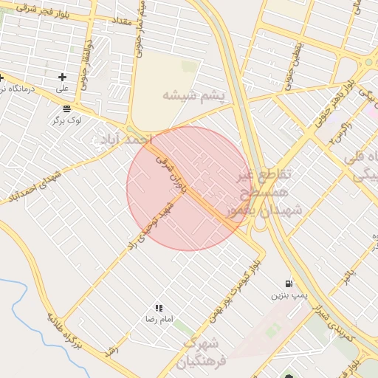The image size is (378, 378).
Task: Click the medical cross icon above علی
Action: [62, 77]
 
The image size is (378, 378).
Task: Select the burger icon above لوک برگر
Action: [66, 108]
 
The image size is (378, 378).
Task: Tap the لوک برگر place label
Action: [66, 119]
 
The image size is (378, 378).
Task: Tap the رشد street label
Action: [112, 349]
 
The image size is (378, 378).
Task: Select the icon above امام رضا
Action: [159, 308]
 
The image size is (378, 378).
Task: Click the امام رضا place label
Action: [159, 319]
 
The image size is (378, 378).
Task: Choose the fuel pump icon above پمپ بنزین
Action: [288, 283]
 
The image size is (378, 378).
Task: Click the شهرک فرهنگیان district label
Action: [200, 353]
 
